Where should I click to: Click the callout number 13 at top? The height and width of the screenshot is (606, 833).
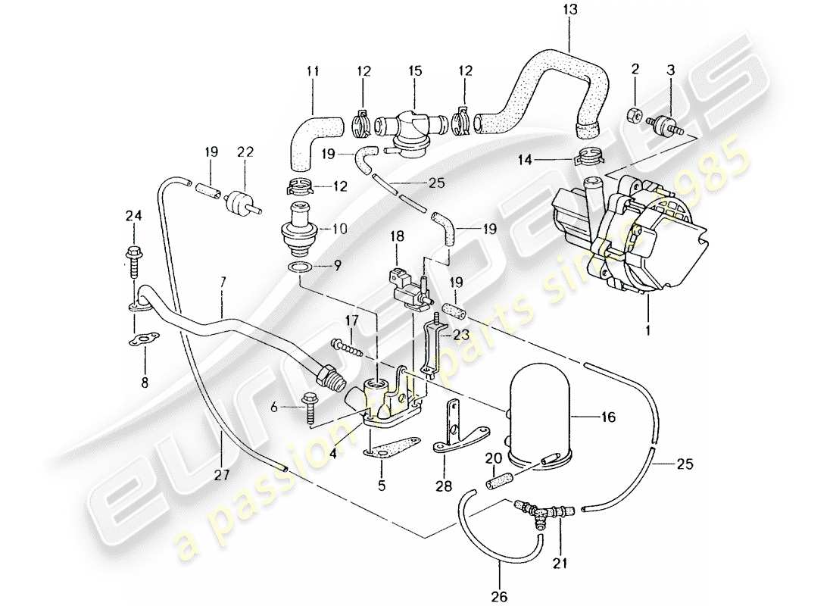[x=570, y=10]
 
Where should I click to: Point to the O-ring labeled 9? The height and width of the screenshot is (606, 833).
[x=300, y=267]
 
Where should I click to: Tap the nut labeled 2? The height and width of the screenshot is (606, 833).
[x=635, y=117]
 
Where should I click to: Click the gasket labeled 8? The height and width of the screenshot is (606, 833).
[x=143, y=338]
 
